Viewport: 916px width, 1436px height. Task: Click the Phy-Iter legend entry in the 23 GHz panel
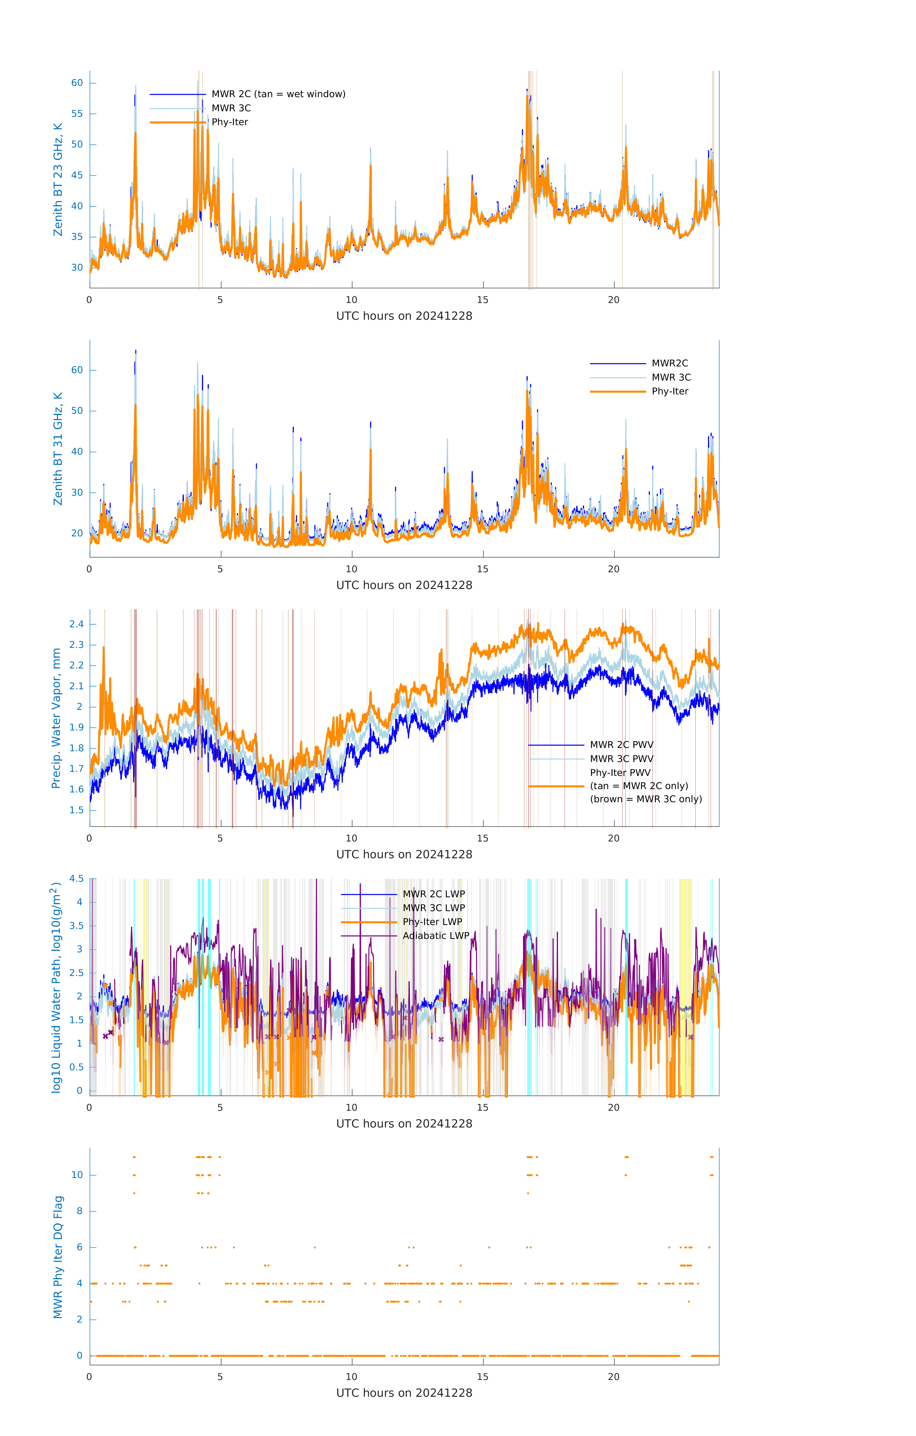point(230,122)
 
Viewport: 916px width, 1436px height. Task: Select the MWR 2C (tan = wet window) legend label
point(278,94)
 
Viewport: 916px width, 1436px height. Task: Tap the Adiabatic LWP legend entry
point(436,936)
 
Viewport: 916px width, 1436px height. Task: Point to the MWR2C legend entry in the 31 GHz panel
point(670,363)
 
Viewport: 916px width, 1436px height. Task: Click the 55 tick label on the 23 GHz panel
point(77,114)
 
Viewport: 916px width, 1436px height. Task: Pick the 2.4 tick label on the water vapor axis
point(76,624)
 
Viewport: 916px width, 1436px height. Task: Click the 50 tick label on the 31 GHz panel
point(77,411)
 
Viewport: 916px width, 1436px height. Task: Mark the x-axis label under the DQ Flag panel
point(404,1393)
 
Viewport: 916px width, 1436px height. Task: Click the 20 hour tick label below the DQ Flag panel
point(614,1377)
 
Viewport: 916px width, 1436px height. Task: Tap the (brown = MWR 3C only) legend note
point(646,799)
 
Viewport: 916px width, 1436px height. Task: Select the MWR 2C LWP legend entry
point(434,894)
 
